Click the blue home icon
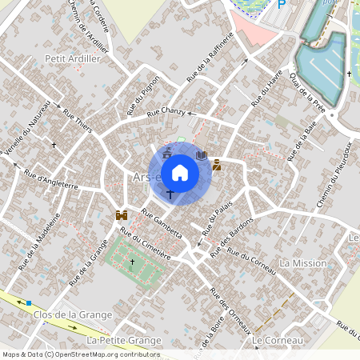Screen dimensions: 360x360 point(180,172)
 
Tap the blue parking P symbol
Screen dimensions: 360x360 point(281,4)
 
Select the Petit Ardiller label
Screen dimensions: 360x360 point(66,58)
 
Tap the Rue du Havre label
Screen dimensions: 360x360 point(266,88)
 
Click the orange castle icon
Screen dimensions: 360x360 point(122,215)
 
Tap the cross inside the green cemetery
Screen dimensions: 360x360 point(133,262)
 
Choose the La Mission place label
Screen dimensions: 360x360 point(303,263)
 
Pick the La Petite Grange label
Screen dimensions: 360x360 point(123,341)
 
